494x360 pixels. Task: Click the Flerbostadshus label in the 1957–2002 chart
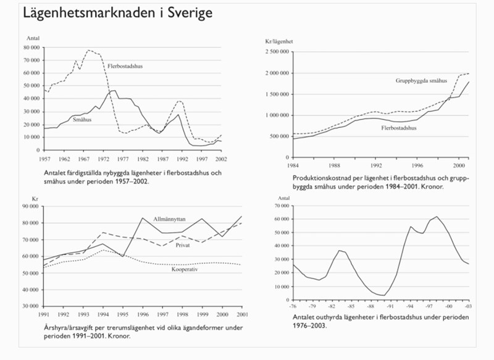(x=125, y=65)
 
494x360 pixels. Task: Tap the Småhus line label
(x=82, y=120)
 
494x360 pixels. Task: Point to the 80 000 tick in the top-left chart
(x=30, y=47)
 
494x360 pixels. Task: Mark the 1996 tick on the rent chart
(x=142, y=314)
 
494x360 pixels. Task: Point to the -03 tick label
(x=469, y=305)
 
